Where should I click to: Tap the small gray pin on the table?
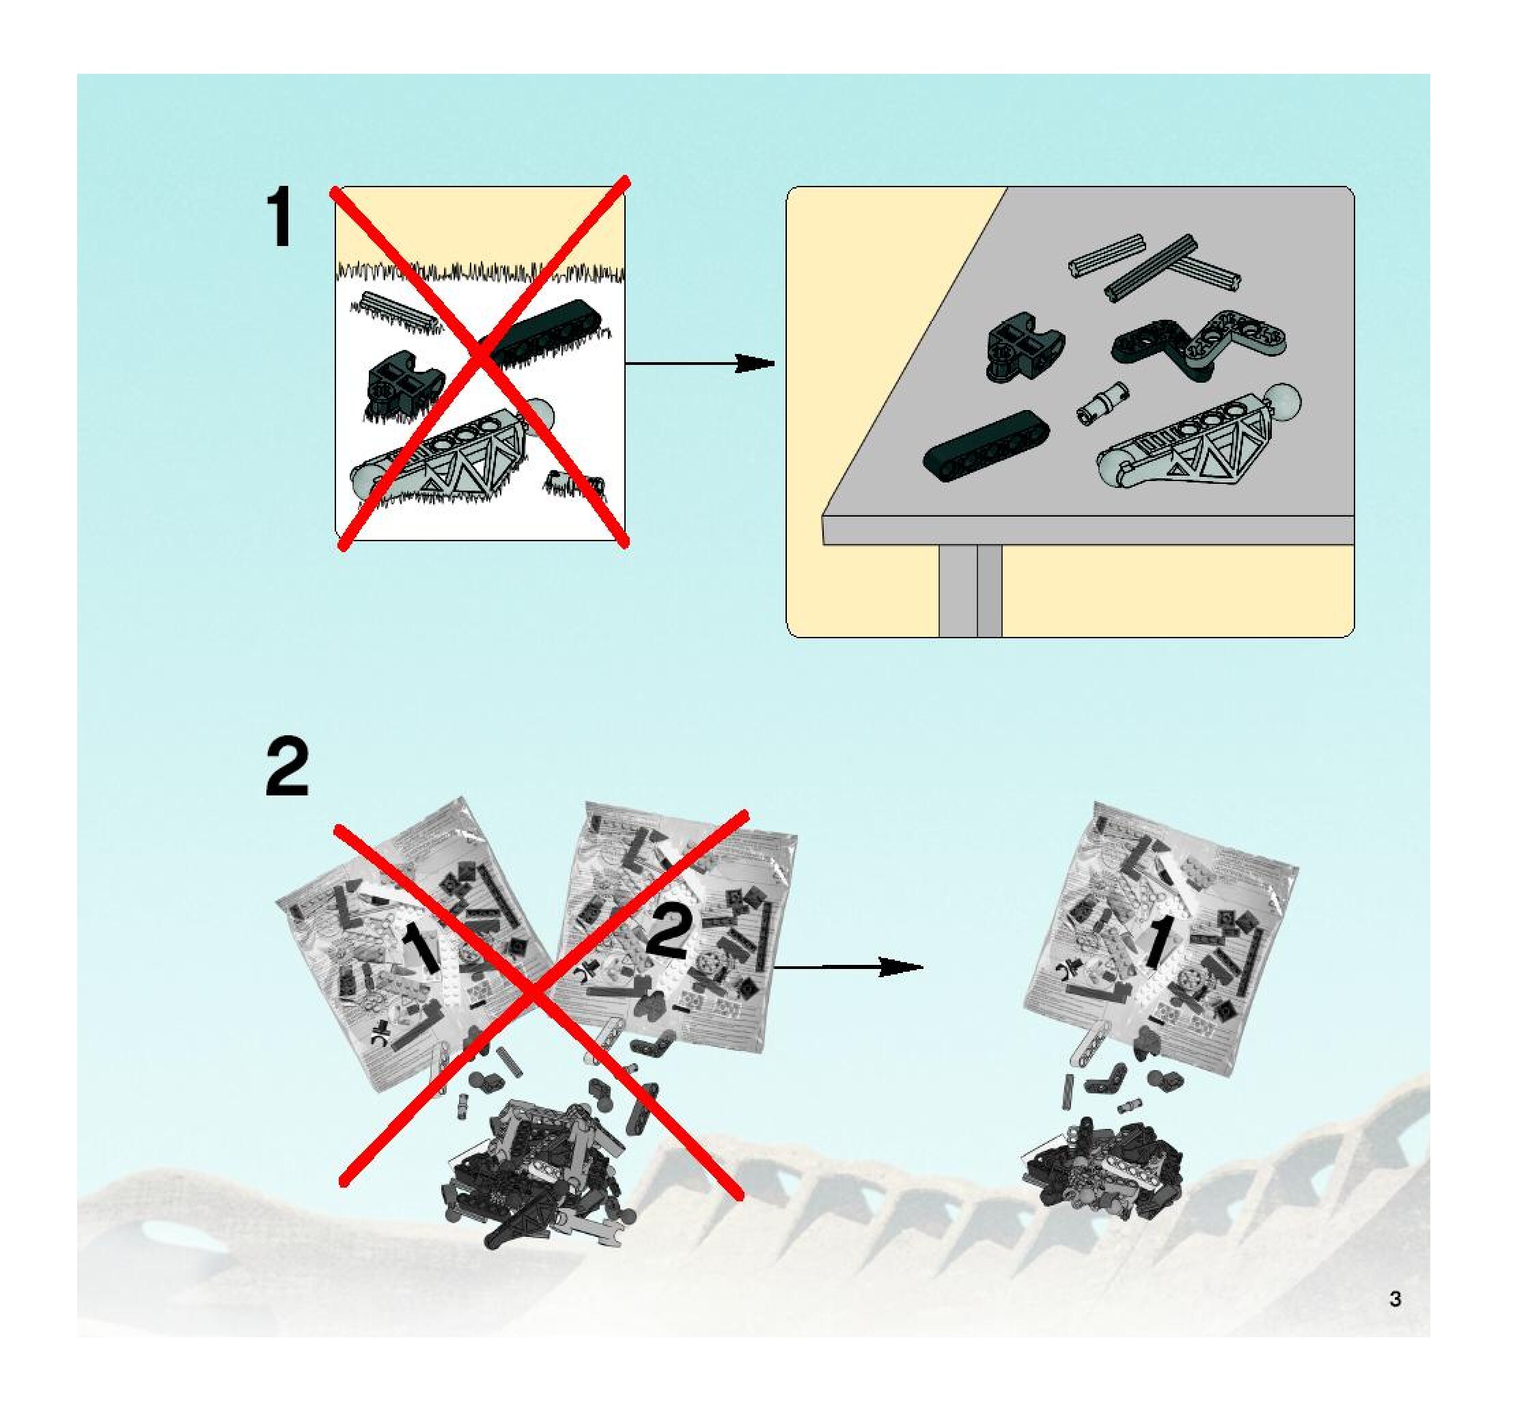coord(1102,403)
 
